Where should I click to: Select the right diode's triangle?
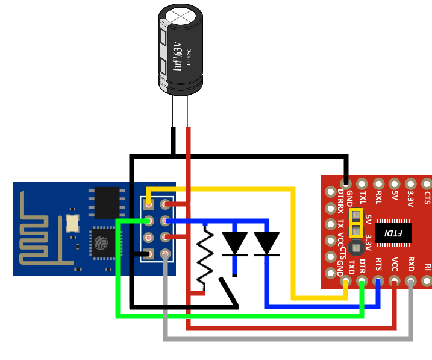[x=266, y=243]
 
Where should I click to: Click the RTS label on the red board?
[x=378, y=265]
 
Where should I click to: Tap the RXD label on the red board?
[x=410, y=265]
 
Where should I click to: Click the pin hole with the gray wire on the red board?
[x=410, y=281]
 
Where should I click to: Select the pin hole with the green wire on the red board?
[x=362, y=281]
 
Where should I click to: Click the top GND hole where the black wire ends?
[x=346, y=183]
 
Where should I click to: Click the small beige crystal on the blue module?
[x=72, y=224]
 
